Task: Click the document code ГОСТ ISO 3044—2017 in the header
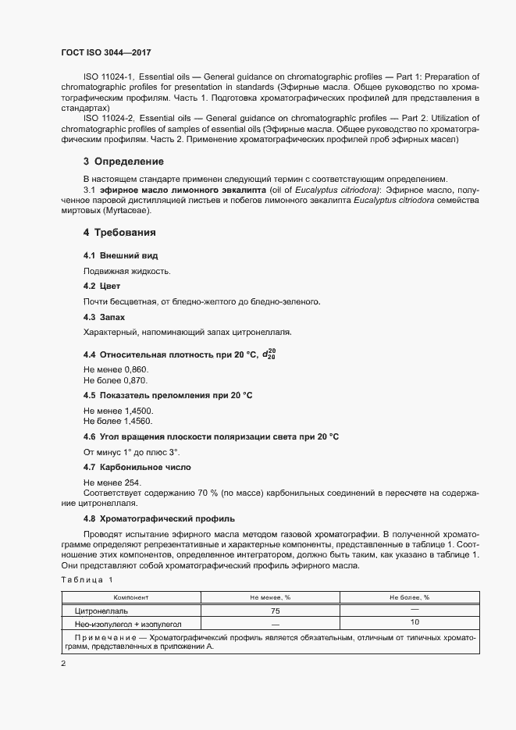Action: pyautogui.click(x=105, y=52)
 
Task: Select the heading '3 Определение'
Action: pyautogui.click(x=123, y=162)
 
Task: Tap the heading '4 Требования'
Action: pyautogui.click(x=120, y=233)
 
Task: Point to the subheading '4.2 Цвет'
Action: pyautogui.click(x=101, y=287)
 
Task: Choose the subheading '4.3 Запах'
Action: pyautogui.click(x=104, y=317)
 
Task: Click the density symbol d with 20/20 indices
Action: pyautogui.click(x=269, y=354)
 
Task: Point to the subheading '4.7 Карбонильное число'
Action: pyautogui.click(x=137, y=467)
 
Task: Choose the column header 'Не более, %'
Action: pyautogui.click(x=410, y=597)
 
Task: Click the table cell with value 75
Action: pyautogui.click(x=275, y=611)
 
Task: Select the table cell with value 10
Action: pyautogui.click(x=415, y=622)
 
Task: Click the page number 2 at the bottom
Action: pyautogui.click(x=62, y=664)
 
